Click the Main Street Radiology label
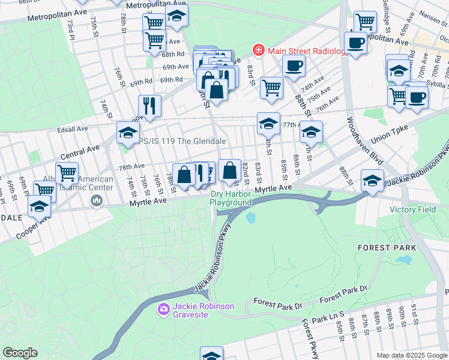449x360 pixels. click(x=308, y=51)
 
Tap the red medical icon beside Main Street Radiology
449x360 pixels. click(x=258, y=50)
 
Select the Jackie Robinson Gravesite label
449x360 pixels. click(x=203, y=310)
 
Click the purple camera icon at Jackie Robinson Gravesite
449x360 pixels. click(x=163, y=310)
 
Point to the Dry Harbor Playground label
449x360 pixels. click(x=231, y=198)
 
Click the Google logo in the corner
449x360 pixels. click(x=20, y=353)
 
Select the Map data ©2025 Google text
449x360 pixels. click(x=412, y=355)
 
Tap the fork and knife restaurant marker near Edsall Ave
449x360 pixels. click(x=149, y=106)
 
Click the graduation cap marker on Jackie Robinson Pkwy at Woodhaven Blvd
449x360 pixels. click(x=373, y=179)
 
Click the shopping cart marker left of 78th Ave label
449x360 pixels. click(x=67, y=173)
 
